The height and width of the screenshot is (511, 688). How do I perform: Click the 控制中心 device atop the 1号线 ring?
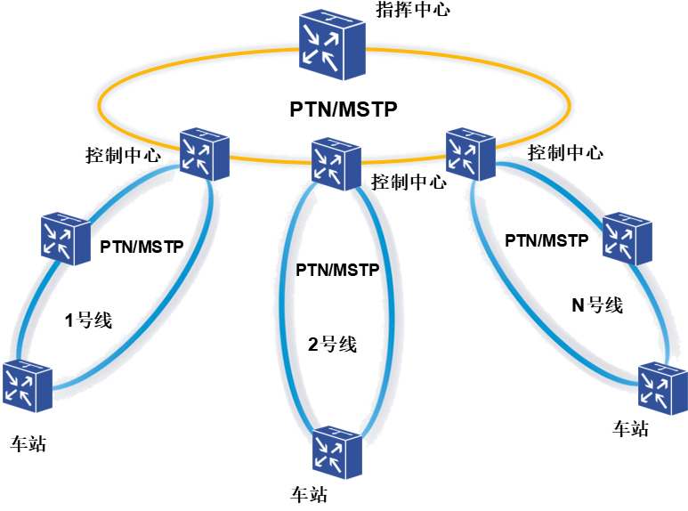(x=203, y=152)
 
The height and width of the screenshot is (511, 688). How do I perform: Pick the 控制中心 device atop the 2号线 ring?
(x=336, y=164)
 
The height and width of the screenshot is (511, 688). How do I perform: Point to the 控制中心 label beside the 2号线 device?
(x=408, y=182)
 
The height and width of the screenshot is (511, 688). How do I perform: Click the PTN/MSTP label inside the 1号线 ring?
(x=142, y=246)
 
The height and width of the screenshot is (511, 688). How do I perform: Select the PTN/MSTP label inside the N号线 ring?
(x=546, y=240)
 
